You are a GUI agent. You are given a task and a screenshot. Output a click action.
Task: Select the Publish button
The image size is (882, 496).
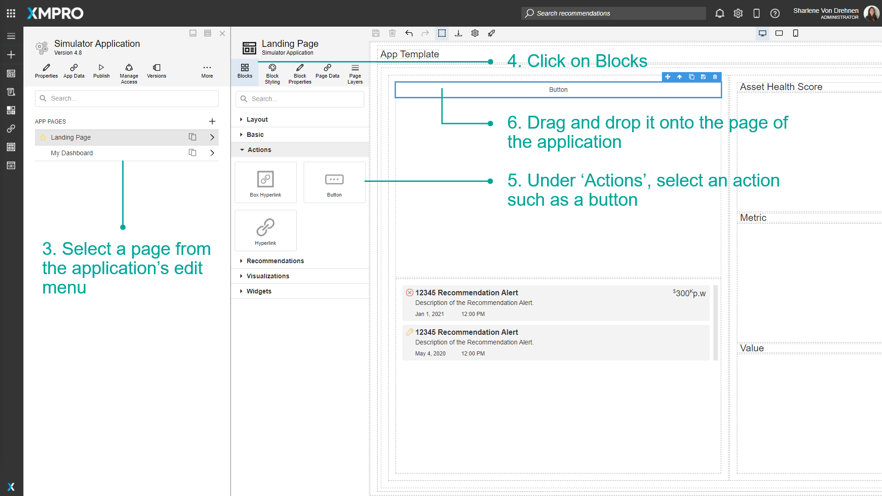(102, 71)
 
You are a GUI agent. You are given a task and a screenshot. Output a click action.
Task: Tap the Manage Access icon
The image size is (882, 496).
(129, 68)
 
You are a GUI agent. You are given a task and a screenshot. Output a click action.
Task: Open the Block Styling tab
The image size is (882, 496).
(272, 73)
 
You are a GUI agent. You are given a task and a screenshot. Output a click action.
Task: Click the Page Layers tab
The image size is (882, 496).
(355, 73)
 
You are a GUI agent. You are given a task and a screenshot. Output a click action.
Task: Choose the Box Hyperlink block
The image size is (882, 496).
(266, 182)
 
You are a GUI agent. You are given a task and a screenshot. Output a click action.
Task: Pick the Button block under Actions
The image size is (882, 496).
(334, 182)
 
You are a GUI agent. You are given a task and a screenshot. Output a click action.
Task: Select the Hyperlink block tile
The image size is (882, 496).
(266, 231)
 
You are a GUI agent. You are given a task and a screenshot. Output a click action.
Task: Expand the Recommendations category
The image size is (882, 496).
(275, 261)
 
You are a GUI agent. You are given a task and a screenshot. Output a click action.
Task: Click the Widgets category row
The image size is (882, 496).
(259, 291)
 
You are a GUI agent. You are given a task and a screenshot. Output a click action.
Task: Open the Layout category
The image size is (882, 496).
(257, 119)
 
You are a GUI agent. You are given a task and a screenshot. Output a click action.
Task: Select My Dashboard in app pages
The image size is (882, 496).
(72, 153)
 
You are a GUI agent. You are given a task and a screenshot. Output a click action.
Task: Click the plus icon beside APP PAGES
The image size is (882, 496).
(212, 122)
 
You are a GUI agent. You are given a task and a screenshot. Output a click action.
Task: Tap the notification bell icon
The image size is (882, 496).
(720, 13)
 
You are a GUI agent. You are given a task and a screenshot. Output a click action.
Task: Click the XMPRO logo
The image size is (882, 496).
(55, 13)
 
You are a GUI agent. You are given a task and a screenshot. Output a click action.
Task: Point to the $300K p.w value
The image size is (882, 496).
(689, 293)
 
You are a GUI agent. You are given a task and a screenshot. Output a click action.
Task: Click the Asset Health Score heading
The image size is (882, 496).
(781, 87)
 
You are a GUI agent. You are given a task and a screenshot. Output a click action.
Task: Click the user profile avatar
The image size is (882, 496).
(871, 13)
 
